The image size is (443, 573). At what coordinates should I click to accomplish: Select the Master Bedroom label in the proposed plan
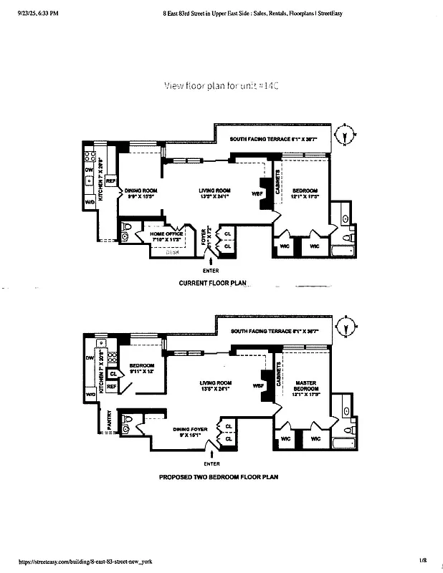point(305,387)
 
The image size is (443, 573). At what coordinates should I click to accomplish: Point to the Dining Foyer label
point(189,432)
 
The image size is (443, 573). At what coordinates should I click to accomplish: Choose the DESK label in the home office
point(173,252)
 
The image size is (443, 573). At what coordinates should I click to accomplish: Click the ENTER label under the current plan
point(211,270)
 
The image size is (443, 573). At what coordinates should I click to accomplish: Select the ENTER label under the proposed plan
point(211,463)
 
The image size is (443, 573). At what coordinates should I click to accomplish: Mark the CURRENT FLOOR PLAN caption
point(212,284)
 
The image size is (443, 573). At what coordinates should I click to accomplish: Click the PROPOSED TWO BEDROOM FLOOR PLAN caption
point(218,476)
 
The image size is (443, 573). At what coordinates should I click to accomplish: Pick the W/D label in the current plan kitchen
point(90,203)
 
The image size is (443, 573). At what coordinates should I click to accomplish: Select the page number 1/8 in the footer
point(424,561)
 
